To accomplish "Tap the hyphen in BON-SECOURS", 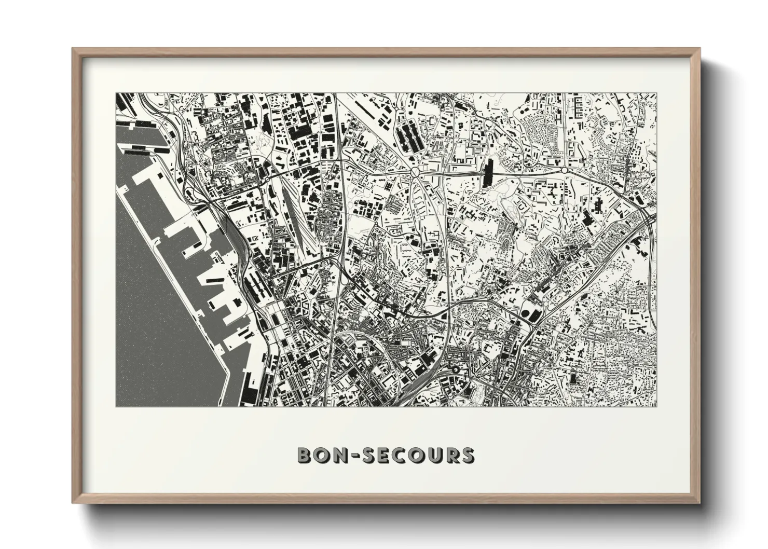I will pos(349,456).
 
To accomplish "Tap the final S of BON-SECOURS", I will pos(467,455).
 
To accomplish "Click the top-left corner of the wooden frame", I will pos(73,49).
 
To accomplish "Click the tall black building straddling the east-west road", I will pos(488,173).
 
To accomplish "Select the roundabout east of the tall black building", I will pos(564,170).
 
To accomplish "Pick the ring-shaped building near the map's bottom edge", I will pos(456,369).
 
